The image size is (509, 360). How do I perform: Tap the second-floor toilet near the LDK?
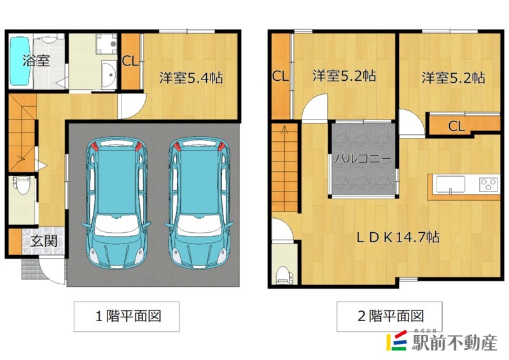coord(283,273)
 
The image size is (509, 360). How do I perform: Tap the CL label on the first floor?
coord(130,62)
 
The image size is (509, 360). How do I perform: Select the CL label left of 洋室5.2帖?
coord(281,76)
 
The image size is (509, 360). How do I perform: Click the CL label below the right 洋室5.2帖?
coord(456,126)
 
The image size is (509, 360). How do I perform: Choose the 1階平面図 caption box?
coord(126,316)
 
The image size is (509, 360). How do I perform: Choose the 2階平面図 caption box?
coord(389,315)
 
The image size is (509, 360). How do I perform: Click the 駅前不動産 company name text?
coord(454,343)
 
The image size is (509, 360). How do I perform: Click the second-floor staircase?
coord(284,169)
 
